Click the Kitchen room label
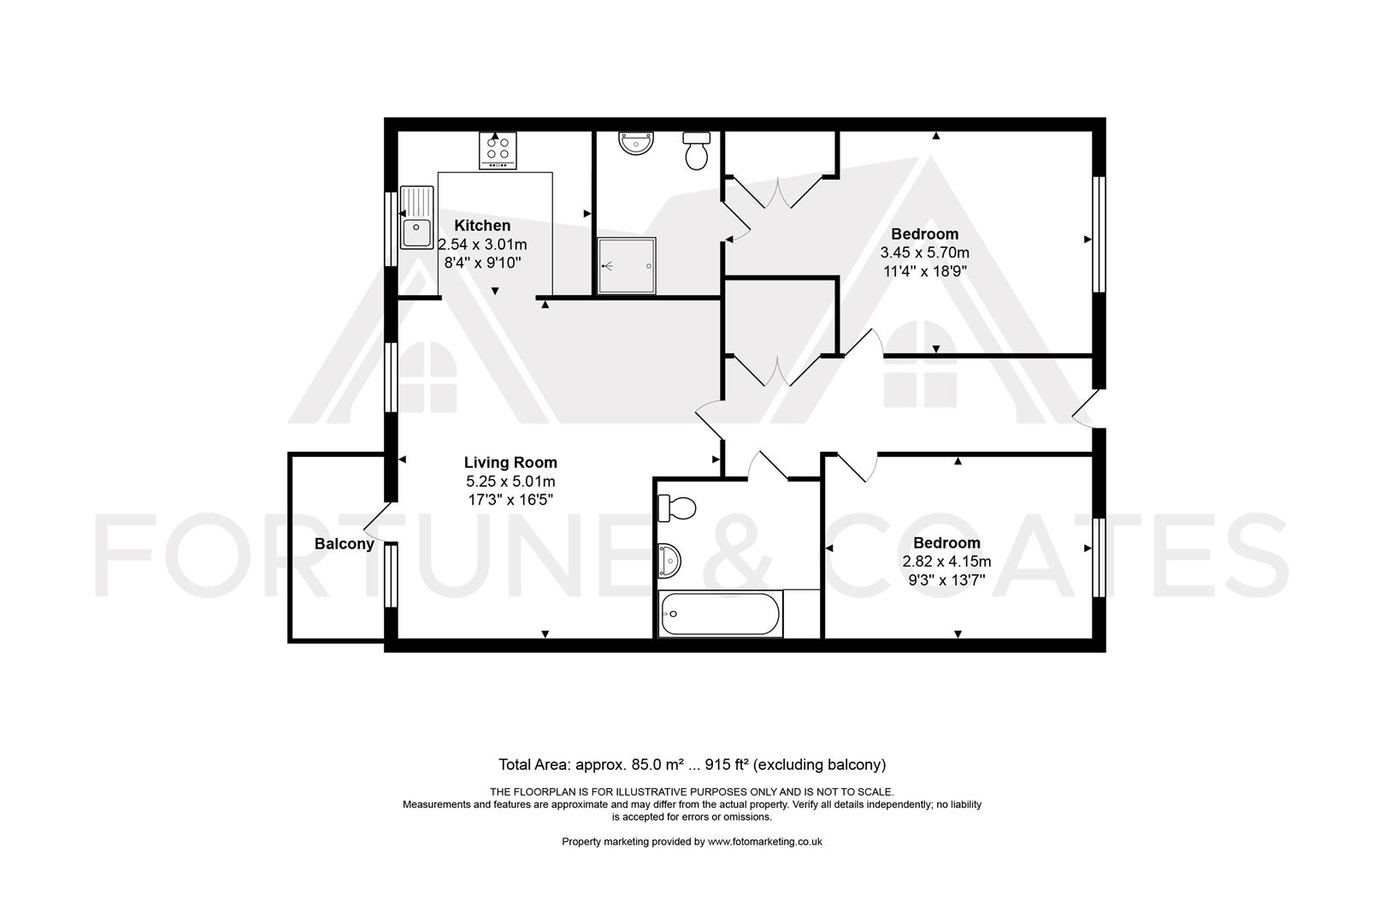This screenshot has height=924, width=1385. [482, 225]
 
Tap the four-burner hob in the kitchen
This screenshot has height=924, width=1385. [498, 151]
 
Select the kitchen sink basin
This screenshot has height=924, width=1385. [416, 233]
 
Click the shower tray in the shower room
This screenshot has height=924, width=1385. [627, 265]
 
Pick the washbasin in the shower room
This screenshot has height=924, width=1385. [635, 142]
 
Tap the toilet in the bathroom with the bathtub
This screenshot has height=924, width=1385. [676, 508]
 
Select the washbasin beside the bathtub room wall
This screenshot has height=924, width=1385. [669, 560]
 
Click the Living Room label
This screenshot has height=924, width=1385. [510, 462]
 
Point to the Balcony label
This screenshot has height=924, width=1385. [345, 544]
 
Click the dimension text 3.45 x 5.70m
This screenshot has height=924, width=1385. [924, 252]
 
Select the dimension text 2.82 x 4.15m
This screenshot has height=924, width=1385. [946, 561]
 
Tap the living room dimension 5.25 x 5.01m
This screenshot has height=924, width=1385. [510, 481]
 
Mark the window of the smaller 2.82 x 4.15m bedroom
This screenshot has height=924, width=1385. [1098, 558]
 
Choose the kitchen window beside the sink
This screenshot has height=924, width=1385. [391, 229]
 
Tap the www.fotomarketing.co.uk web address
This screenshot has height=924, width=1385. [765, 842]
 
